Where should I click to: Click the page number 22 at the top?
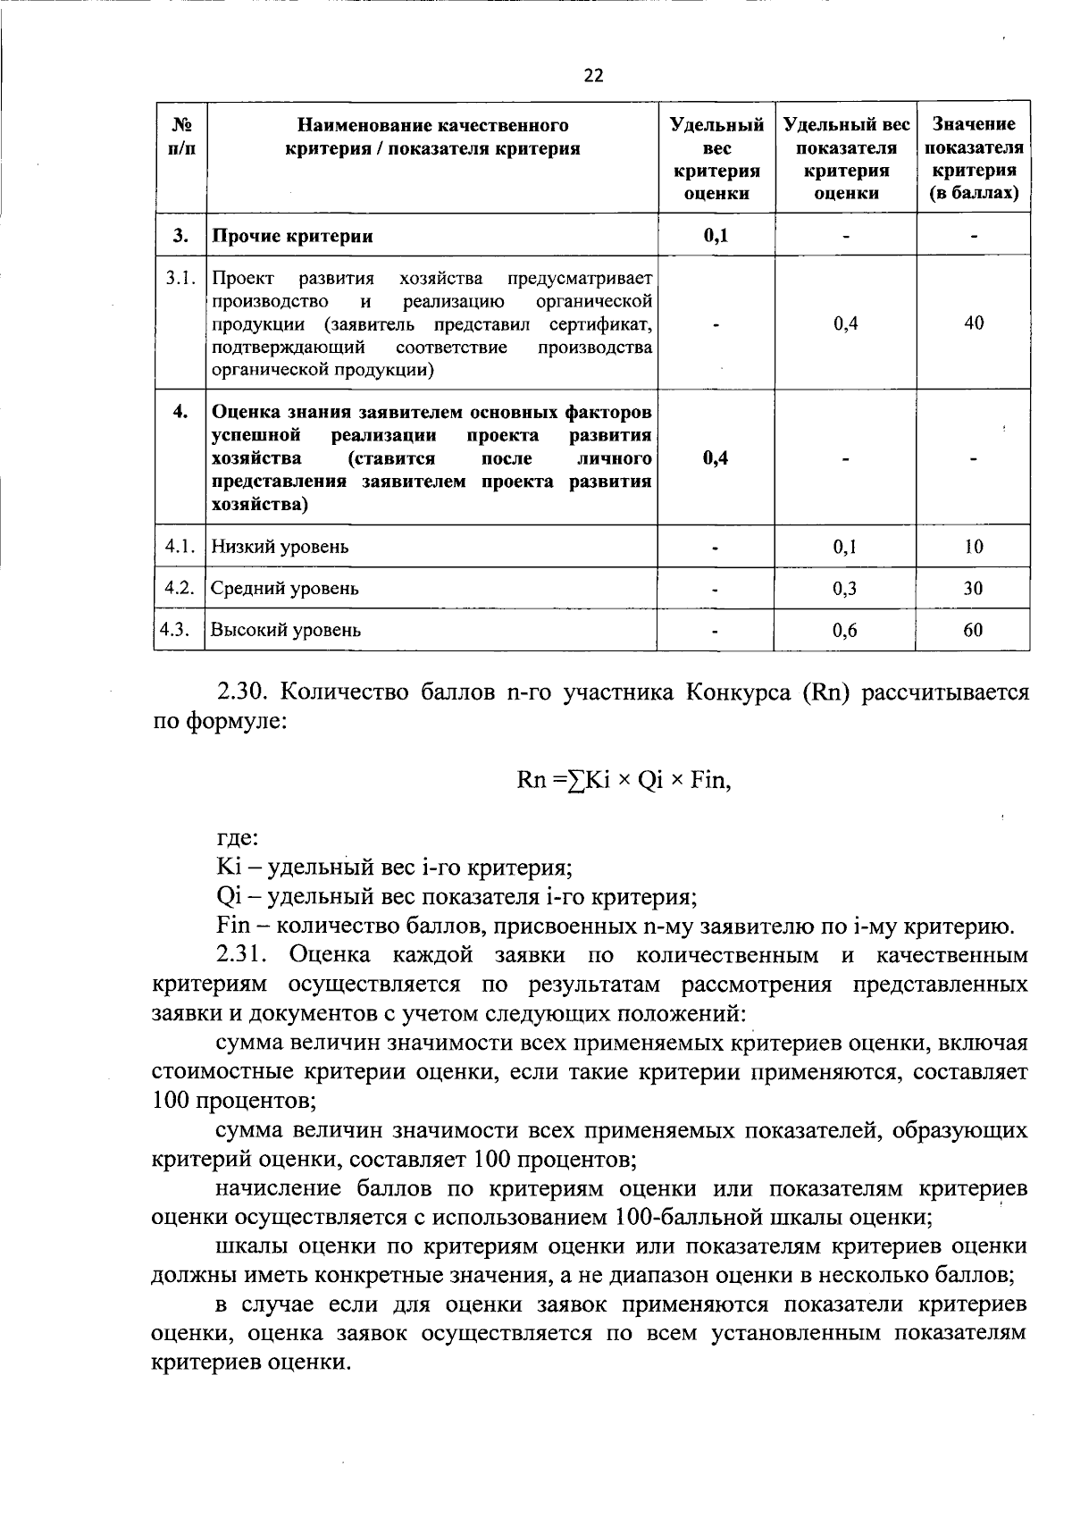tap(593, 76)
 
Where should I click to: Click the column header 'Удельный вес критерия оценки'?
tap(716, 158)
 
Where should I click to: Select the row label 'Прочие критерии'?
tap(292, 237)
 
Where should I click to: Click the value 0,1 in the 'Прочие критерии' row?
tap(716, 236)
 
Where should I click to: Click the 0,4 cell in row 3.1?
tap(844, 323)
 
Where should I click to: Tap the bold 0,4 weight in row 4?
tap(716, 458)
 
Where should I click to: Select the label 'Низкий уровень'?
tap(280, 547)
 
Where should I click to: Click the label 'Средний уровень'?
tap(284, 589)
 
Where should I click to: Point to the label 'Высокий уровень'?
tap(286, 630)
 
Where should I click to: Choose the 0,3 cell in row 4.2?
tap(844, 589)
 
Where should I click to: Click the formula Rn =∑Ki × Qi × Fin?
tap(624, 780)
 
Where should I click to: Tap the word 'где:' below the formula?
tap(238, 839)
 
